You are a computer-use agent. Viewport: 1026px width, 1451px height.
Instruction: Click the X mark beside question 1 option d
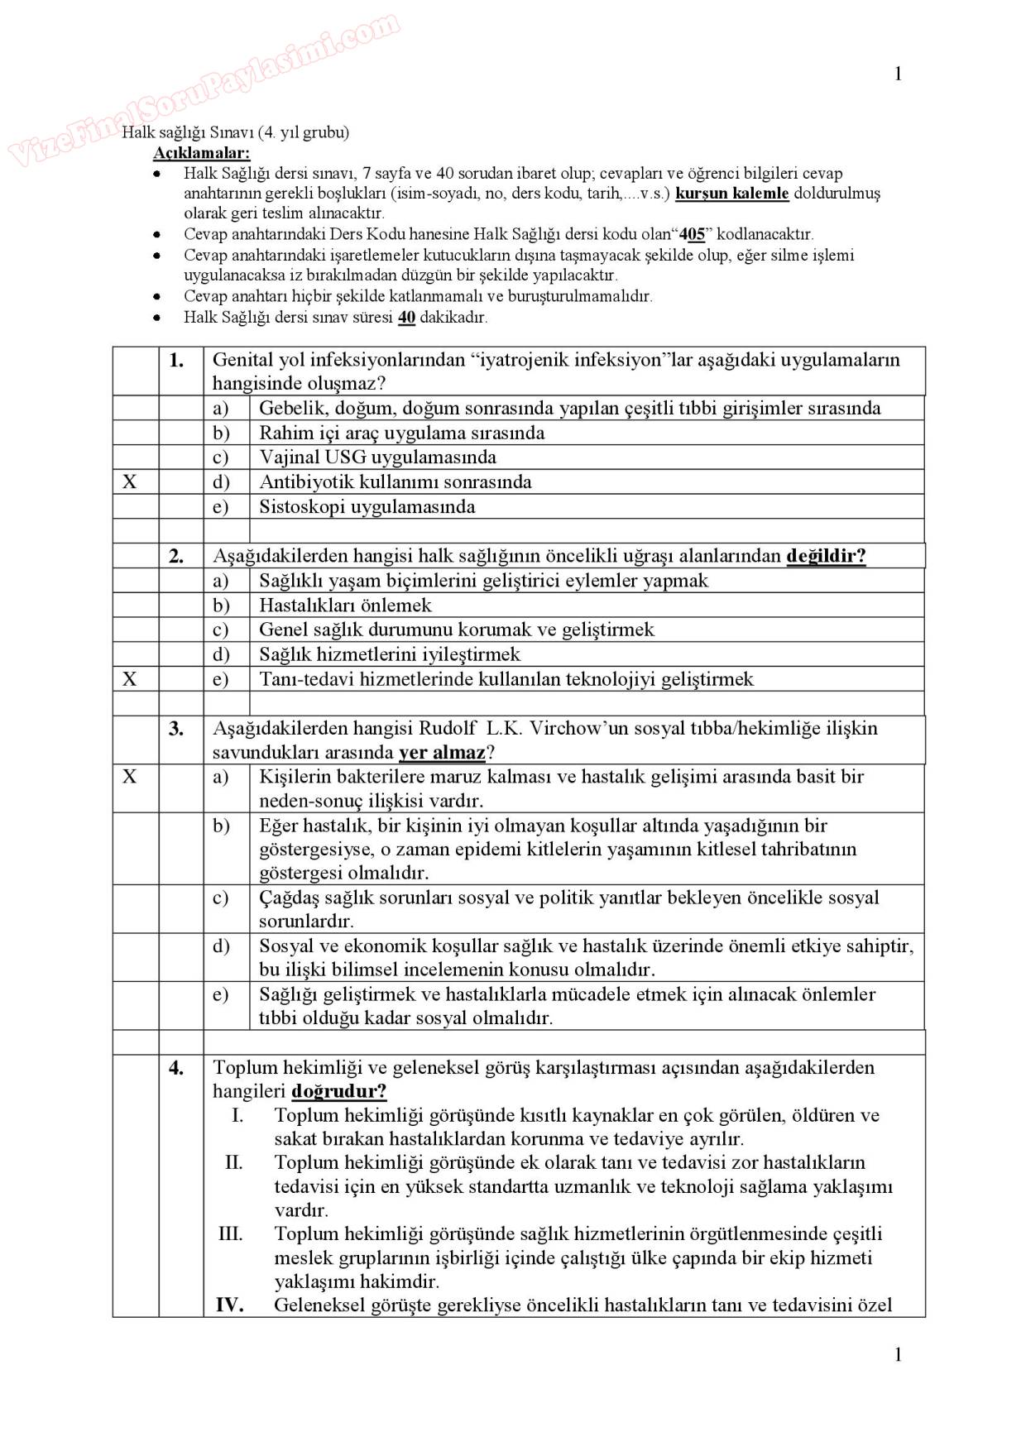[x=130, y=482]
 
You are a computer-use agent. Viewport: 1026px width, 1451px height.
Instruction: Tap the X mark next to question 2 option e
[x=130, y=679]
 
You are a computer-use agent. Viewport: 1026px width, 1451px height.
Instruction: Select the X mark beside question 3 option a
[x=130, y=777]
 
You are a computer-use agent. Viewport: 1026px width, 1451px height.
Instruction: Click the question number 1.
[x=176, y=360]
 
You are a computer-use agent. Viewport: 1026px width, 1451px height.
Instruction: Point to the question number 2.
[x=176, y=556]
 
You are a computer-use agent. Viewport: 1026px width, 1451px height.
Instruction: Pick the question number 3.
[x=176, y=729]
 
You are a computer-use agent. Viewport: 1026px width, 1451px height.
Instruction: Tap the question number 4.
[x=176, y=1068]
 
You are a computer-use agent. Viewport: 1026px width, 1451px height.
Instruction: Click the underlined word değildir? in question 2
[x=826, y=556]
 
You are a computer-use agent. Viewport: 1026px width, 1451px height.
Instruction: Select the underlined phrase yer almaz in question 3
[x=442, y=753]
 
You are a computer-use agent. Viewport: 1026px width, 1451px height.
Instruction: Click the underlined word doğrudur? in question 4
[x=339, y=1091]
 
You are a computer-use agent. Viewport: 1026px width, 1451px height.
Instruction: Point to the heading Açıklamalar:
[x=201, y=153]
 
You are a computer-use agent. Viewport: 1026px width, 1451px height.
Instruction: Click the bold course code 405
[x=692, y=235]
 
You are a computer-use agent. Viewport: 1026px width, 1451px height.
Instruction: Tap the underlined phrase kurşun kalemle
[x=732, y=194]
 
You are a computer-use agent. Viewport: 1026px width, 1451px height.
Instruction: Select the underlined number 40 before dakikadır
[x=406, y=318]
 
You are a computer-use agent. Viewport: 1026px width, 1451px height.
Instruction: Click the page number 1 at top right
[x=898, y=74]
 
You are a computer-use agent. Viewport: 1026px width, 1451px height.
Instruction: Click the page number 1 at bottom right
[x=898, y=1354]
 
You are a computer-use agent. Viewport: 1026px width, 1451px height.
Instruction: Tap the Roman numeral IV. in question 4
[x=229, y=1305]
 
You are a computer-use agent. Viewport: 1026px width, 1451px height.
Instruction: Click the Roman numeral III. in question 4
[x=230, y=1234]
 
